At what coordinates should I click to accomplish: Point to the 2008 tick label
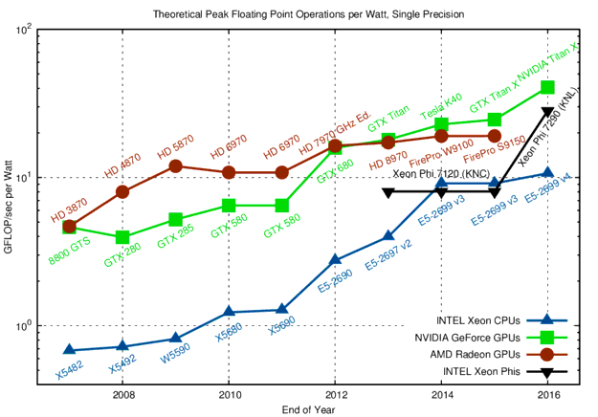pos(122,393)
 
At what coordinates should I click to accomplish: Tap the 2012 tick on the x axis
pos(335,393)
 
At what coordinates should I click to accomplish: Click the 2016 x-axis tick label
pos(547,393)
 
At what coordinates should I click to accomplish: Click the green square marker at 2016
pos(547,87)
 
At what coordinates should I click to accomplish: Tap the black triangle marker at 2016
pos(547,112)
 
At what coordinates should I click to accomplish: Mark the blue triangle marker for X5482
pos(70,350)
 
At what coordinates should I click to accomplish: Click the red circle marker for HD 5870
pos(176,165)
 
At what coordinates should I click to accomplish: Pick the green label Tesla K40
pos(441,107)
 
